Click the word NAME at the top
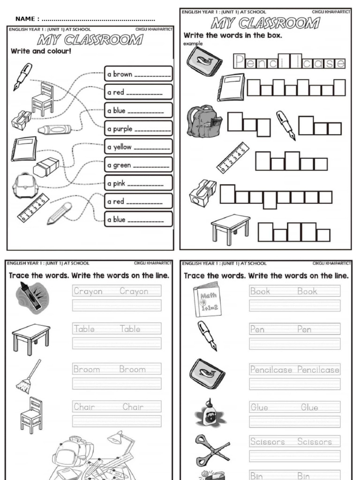coord(26,19)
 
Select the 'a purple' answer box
coord(138,128)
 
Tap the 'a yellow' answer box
coord(138,147)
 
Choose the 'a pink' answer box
coord(138,183)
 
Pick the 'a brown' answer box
coord(138,74)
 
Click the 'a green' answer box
coord(138,165)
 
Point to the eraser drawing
coord(46,167)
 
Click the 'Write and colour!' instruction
coord(41,51)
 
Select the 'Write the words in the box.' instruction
coord(232,35)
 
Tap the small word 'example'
coord(193,43)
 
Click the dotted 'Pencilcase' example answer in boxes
coord(289,62)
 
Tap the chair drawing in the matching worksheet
coord(42,99)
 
